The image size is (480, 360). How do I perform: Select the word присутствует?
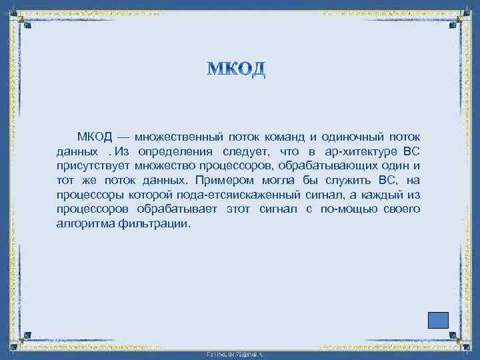pyautogui.click(x=93, y=166)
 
